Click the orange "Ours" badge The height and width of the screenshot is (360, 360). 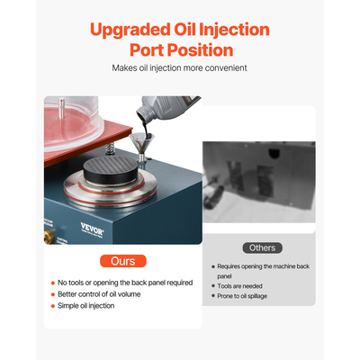click(x=123, y=261)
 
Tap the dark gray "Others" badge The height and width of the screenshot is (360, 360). click(x=263, y=247)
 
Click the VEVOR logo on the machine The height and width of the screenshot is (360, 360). click(x=92, y=229)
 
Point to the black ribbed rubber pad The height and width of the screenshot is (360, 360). click(x=111, y=169)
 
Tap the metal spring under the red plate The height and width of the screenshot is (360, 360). click(x=110, y=148)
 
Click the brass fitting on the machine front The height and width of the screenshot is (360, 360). click(x=49, y=237)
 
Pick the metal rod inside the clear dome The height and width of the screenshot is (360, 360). click(x=62, y=108)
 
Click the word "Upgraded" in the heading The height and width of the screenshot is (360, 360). click(x=130, y=30)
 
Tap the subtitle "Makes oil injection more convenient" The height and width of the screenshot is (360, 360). click(x=179, y=68)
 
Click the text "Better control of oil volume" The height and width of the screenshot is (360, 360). click(x=99, y=294)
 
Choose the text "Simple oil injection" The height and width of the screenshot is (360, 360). click(x=86, y=306)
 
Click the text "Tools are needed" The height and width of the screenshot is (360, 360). click(x=239, y=286)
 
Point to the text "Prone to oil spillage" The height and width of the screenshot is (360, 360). click(x=242, y=296)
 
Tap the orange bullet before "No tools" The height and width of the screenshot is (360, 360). click(x=53, y=283)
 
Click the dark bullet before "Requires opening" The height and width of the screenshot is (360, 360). click(x=213, y=266)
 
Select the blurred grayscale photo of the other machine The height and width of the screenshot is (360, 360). click(x=259, y=182)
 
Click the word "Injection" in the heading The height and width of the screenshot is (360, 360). click(x=234, y=30)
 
